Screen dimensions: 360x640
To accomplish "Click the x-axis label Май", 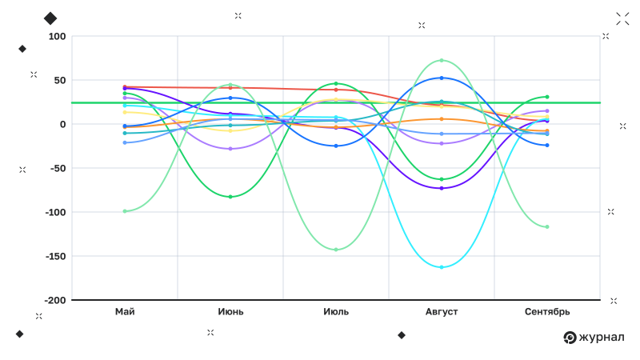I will (125, 311).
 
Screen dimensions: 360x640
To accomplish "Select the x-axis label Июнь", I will (230, 311).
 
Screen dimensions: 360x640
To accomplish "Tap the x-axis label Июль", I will (336, 311).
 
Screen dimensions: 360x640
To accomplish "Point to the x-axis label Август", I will (442, 311).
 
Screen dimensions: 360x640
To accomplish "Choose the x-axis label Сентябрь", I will (547, 311).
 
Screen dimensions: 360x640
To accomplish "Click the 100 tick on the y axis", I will (57, 37).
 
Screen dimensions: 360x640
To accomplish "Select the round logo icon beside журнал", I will (570, 338).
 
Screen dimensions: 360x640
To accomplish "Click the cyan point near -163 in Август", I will (442, 267).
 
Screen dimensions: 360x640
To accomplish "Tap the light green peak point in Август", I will (442, 61).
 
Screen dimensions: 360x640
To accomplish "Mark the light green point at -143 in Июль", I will (336, 250).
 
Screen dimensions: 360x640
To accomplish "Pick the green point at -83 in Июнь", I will (230, 197).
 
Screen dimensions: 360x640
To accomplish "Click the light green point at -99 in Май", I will (125, 211).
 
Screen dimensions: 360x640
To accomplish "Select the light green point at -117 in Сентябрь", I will (547, 227).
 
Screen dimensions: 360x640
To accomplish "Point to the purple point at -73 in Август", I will (442, 188).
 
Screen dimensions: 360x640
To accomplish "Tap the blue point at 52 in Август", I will (442, 78).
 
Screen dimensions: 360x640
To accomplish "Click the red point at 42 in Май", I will (125, 86).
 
